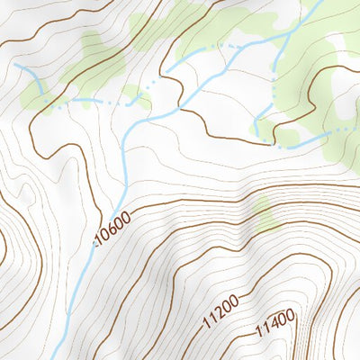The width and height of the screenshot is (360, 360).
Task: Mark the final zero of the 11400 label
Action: [289, 315]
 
